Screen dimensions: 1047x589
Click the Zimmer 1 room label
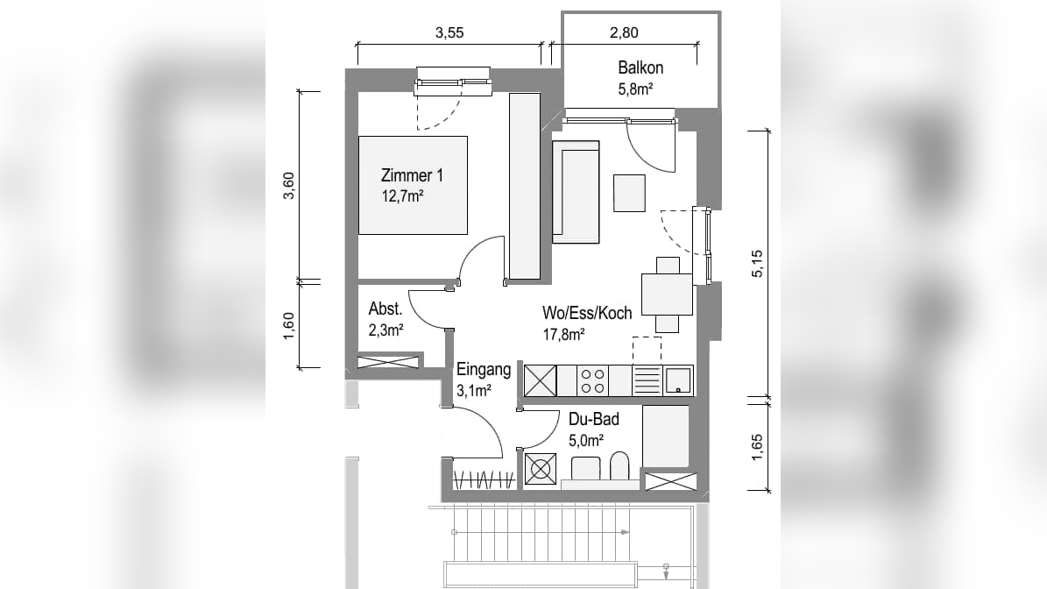coord(411,175)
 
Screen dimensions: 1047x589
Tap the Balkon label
coord(640,67)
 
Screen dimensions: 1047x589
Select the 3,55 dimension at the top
coord(449,32)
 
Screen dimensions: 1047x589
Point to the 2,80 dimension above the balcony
coord(625,32)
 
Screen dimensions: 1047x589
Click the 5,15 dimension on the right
coord(757,263)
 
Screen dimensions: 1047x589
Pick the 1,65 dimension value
coord(757,447)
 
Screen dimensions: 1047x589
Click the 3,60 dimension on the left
coord(288,186)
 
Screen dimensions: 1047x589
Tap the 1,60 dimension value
coord(288,326)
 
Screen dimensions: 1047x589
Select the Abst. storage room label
coord(386,309)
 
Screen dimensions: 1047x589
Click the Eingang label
coord(484,369)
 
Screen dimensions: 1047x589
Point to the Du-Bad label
coord(594,419)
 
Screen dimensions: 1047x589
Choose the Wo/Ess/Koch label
coord(587,313)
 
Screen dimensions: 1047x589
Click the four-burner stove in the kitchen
coord(591,380)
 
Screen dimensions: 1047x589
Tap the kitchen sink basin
coord(678,380)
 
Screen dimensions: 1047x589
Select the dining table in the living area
coord(667,294)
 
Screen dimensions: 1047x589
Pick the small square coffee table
coord(629,193)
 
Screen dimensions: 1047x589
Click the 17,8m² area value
coord(563,334)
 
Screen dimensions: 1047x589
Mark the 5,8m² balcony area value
coord(635,89)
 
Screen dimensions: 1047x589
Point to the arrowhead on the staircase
coord(625,532)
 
